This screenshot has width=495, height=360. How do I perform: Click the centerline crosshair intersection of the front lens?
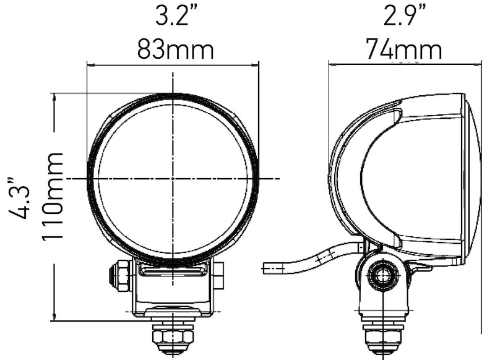click(173, 178)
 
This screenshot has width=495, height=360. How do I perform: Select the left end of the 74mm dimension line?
click(329, 62)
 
